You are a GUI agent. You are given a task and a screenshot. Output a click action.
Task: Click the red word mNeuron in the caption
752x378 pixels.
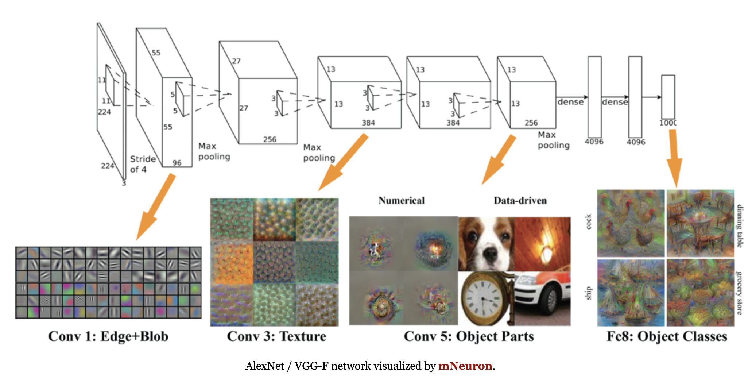465,366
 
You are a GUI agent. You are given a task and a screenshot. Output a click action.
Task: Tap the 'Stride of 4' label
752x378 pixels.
143,164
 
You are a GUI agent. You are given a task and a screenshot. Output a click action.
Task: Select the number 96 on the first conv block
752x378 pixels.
177,163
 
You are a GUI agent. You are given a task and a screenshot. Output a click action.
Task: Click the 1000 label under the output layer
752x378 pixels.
668,123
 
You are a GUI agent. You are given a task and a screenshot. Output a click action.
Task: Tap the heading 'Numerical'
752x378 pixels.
401,201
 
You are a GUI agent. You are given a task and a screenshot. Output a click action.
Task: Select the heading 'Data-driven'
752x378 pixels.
520,201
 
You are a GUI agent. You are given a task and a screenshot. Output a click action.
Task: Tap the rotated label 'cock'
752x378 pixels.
588,222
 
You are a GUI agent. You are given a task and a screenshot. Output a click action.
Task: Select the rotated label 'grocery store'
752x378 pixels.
739,293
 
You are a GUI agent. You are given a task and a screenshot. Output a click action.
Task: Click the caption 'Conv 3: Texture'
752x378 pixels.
276,336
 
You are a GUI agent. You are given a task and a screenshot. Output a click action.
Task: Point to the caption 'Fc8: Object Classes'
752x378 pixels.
667,336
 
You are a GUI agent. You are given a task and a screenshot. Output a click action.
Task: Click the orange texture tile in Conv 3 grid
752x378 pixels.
232,263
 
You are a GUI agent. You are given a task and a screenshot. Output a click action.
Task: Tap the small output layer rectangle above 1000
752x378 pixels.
668,96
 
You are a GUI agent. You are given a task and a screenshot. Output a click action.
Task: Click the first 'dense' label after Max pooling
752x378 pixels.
570,102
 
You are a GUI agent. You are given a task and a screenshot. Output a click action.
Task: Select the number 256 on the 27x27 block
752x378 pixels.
270,139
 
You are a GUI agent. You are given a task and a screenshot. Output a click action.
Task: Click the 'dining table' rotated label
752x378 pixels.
739,226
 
